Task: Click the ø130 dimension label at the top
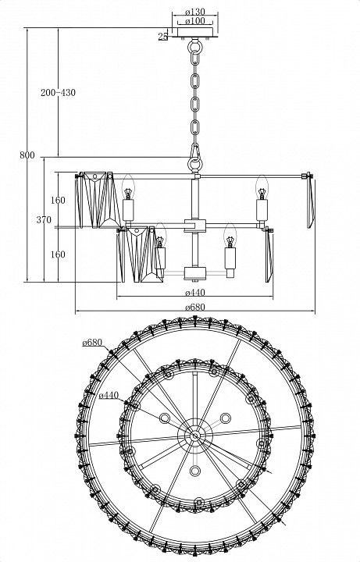click(x=194, y=12)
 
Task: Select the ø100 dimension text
click(x=195, y=21)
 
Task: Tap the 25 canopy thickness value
click(x=162, y=36)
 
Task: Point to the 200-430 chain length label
click(x=58, y=92)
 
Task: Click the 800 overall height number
click(x=27, y=155)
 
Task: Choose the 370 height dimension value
click(x=44, y=219)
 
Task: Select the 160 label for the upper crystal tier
click(x=58, y=200)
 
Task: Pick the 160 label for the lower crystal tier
click(x=58, y=254)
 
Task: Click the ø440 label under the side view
click(x=195, y=293)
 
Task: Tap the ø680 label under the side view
click(x=195, y=308)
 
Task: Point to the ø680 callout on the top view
click(x=92, y=343)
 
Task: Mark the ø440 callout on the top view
click(x=109, y=395)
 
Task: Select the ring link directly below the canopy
click(x=195, y=47)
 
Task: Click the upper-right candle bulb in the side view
click(x=262, y=187)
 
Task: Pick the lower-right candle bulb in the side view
click(x=230, y=236)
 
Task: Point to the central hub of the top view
click(x=195, y=436)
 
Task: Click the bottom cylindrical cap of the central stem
click(x=195, y=272)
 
